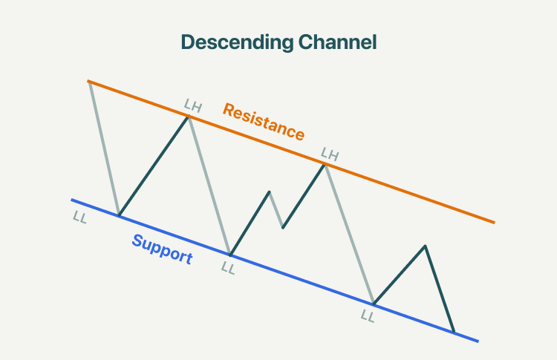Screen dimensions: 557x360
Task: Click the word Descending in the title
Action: tap(237, 42)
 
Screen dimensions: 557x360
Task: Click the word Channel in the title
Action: tap(337, 42)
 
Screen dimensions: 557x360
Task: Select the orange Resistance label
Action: tap(264, 122)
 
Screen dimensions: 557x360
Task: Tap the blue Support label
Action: tap(163, 249)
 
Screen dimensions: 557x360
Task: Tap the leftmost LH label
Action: tap(193, 105)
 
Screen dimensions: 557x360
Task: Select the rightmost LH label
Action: tap(330, 154)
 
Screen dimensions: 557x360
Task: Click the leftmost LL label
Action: tap(79, 217)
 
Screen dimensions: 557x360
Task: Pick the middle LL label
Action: tap(228, 268)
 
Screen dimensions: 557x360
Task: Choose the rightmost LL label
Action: tap(368, 316)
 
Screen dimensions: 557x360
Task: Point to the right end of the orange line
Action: tap(495, 223)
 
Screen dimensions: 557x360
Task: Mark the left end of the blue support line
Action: tap(71, 200)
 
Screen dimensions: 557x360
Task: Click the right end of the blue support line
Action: tap(478, 341)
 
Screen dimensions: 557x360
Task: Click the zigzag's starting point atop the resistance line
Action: tap(89, 82)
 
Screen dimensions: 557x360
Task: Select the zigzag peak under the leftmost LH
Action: tap(188, 117)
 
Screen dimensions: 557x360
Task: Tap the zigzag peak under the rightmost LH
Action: tap(325, 165)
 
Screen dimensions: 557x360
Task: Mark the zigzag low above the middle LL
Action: tap(230, 255)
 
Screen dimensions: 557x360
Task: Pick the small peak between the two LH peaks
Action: tap(270, 192)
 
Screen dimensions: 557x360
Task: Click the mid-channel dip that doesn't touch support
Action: tap(283, 228)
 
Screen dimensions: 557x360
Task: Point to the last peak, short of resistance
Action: tap(425, 246)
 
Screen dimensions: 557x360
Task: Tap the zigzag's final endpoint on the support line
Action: tap(454, 332)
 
